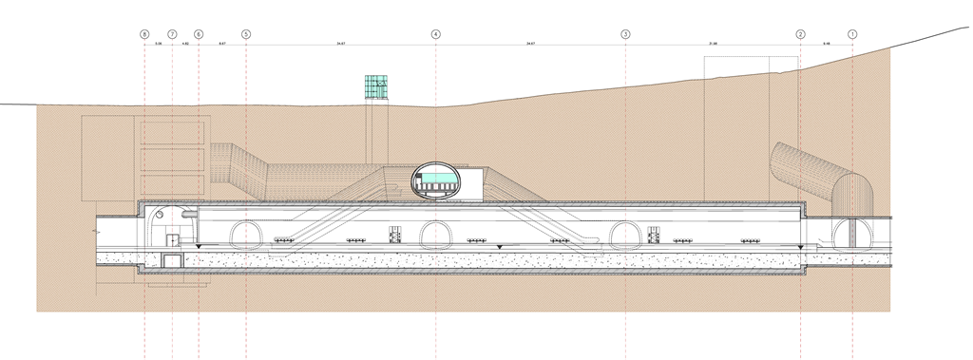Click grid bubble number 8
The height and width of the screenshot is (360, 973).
coord(144,34)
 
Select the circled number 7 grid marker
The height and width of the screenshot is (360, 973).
coord(172,34)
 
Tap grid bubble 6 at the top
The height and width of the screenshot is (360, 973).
coord(199,34)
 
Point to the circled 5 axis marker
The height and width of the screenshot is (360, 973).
coord(246,34)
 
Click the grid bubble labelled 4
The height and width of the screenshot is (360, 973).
coord(436,34)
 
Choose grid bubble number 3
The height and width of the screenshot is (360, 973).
coord(625,34)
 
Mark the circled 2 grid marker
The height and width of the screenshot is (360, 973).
coord(800,34)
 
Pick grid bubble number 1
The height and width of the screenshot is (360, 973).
coord(852,34)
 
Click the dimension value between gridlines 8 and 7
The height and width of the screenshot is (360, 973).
coord(159,44)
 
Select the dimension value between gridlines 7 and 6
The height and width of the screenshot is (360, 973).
coord(185,44)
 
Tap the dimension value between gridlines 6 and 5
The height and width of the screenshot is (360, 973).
coord(222,44)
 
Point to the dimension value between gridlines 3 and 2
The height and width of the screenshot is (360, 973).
coord(713,44)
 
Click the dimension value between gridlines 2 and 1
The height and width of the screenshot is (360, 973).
coord(827,44)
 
